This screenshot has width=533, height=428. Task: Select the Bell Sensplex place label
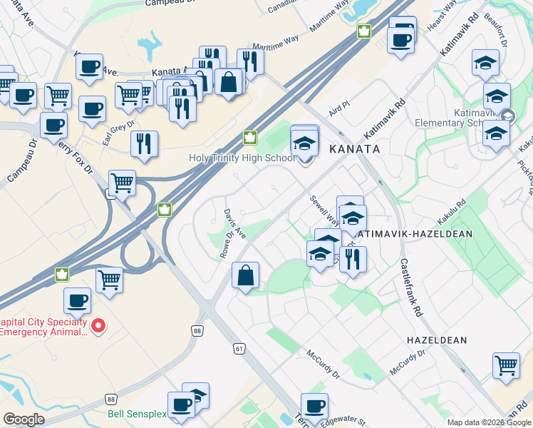click(x=139, y=414)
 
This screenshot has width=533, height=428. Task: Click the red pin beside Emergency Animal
click(x=99, y=327)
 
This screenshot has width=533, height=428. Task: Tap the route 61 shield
click(x=239, y=347)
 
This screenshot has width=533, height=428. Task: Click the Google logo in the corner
click(x=24, y=419)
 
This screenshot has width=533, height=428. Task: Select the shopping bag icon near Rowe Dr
click(x=245, y=275)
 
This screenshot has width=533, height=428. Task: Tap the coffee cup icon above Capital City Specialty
click(x=78, y=300)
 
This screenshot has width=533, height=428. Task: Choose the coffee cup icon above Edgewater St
click(x=314, y=406)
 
